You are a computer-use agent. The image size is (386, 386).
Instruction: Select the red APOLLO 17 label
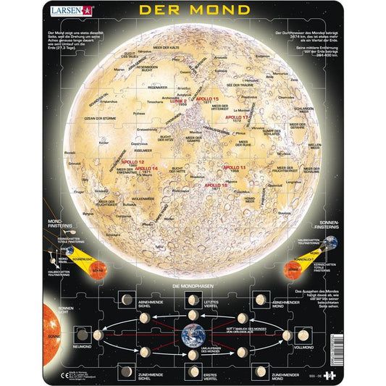pos(237,117)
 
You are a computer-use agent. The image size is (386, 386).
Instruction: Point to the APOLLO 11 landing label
pos(234,167)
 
